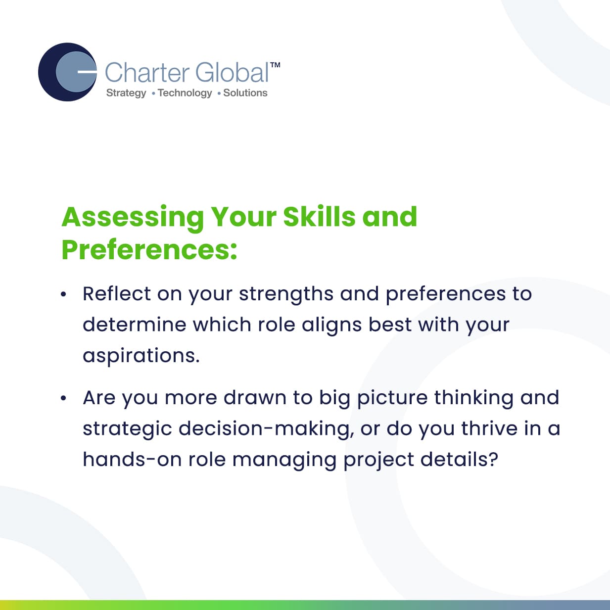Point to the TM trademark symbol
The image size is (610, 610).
275,65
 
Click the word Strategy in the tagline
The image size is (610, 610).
126,93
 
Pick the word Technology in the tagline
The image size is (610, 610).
185,93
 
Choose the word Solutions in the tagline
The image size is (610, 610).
245,93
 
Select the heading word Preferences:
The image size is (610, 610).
149,250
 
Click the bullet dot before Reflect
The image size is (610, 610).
63,294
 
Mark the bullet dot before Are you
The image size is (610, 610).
63,398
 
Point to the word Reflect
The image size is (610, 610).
116,293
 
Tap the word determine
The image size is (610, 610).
134,325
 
